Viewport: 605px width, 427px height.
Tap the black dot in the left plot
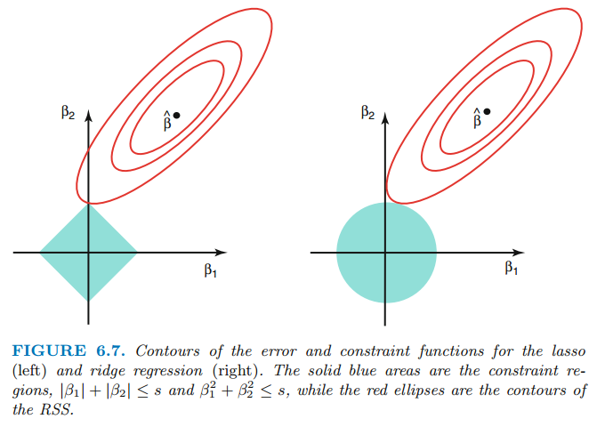pos(176,115)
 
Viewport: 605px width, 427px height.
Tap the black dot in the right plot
pos(486,111)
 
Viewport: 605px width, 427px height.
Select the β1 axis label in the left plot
pos(210,271)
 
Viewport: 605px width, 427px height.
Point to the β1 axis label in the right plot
pos(511,269)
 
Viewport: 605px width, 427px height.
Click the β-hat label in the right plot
pos(476,117)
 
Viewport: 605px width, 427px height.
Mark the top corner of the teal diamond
pos(88,205)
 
